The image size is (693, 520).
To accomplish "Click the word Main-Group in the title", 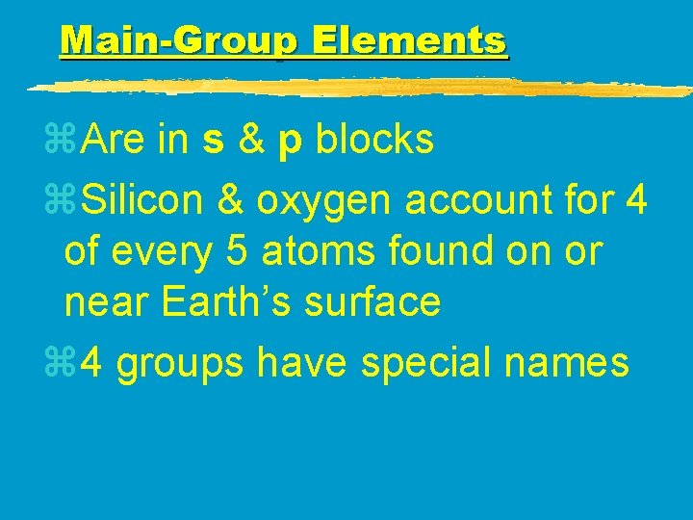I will point(179,41).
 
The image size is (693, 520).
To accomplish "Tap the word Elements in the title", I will point(409,41).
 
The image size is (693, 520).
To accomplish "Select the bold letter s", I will point(215,141).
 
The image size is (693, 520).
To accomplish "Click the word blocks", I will point(375,141).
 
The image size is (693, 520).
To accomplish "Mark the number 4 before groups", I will point(92,364).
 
